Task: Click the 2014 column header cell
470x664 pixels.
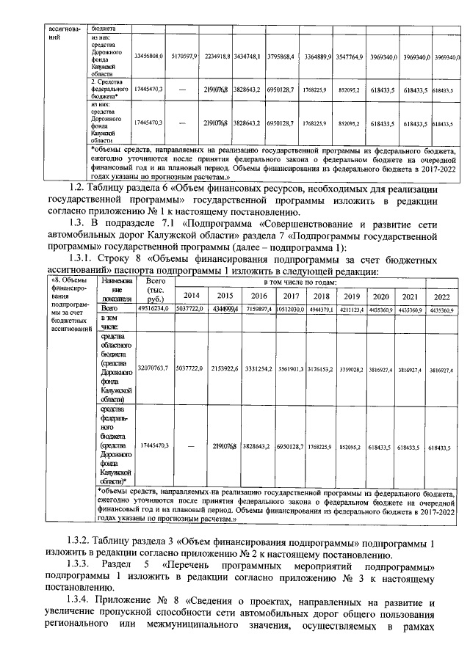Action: (x=191, y=295)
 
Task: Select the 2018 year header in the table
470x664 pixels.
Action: (x=321, y=295)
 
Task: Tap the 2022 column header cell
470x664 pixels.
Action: (x=441, y=296)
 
